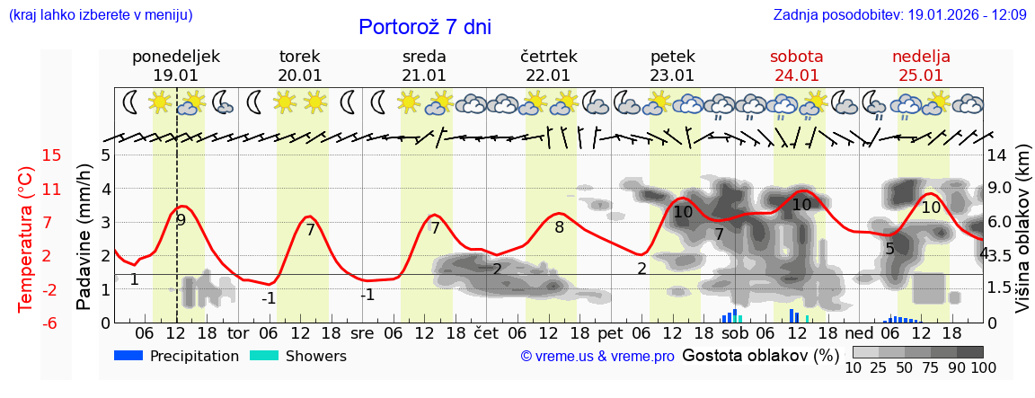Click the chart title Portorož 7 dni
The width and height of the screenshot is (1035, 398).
[x=424, y=27]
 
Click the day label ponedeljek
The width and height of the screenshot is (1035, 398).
[x=175, y=57]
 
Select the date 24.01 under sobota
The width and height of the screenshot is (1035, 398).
[x=797, y=75]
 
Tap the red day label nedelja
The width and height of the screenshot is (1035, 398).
[x=921, y=57]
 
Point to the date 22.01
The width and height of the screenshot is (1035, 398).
[x=548, y=75]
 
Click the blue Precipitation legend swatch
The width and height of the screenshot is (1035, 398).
[x=129, y=356]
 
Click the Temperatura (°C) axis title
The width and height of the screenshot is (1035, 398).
[x=26, y=239]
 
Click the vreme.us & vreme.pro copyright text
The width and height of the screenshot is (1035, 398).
[x=597, y=357]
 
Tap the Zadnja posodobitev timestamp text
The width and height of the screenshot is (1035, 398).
[x=899, y=15]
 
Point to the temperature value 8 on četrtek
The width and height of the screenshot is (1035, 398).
[x=559, y=227]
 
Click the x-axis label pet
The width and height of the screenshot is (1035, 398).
[x=609, y=333]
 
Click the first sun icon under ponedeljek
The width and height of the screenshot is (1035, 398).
[x=161, y=102]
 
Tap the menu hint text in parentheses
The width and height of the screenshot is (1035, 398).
[x=100, y=15]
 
